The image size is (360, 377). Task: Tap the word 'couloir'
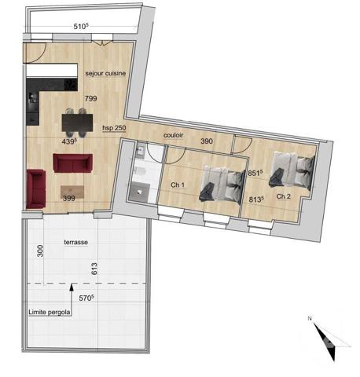pos(174,134)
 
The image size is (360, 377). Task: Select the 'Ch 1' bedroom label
pos(177,185)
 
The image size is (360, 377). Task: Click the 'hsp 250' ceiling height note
pos(114,127)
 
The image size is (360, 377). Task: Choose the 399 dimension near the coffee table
pos(68,199)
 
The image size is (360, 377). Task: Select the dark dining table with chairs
pos(75,122)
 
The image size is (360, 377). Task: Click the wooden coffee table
pos(74,190)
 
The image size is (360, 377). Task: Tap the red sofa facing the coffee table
pos(72,163)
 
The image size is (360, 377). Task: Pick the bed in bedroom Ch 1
pos(219,183)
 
